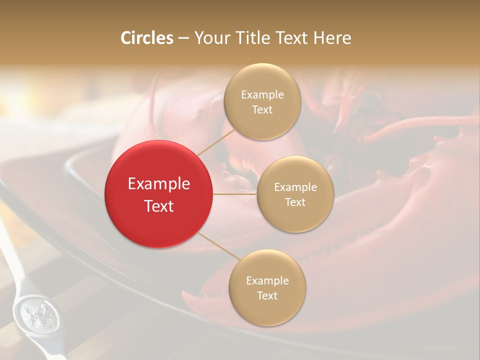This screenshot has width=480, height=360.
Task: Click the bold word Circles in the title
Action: (147, 38)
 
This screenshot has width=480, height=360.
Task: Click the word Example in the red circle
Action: (159, 184)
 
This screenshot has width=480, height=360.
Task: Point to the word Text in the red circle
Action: (159, 206)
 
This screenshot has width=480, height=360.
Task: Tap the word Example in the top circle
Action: (262, 94)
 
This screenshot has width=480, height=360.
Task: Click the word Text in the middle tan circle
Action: (295, 202)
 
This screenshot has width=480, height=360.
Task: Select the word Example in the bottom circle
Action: (267, 280)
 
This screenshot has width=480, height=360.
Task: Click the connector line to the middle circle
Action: (235, 194)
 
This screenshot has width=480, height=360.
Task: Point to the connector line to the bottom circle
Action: (218, 246)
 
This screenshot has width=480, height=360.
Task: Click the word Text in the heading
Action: (292, 38)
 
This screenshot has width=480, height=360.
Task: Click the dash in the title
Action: (183, 38)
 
